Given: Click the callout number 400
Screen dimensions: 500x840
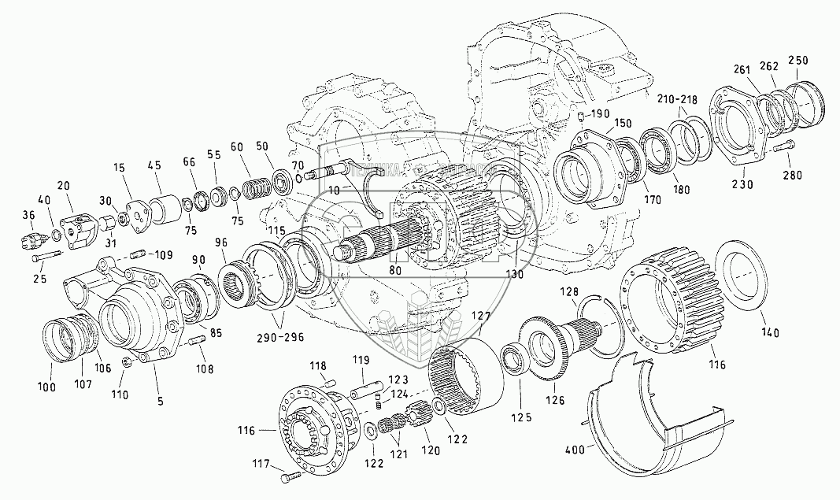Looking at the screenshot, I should [x=579, y=450].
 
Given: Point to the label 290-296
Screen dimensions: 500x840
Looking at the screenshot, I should [x=279, y=338].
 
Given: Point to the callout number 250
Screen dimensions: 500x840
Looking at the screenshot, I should [x=797, y=61].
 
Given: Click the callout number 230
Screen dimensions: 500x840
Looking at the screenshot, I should [x=742, y=184].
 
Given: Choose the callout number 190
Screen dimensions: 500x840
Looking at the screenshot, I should [x=600, y=114].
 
